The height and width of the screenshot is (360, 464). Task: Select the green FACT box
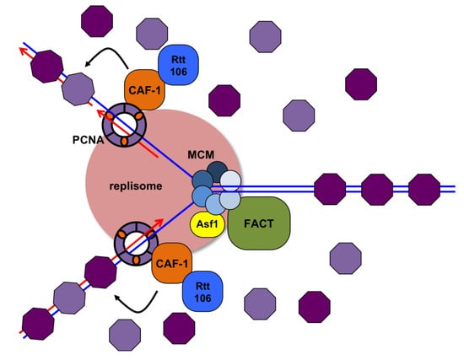click(x=259, y=223)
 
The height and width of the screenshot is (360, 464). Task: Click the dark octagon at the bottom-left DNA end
click(x=38, y=323)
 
